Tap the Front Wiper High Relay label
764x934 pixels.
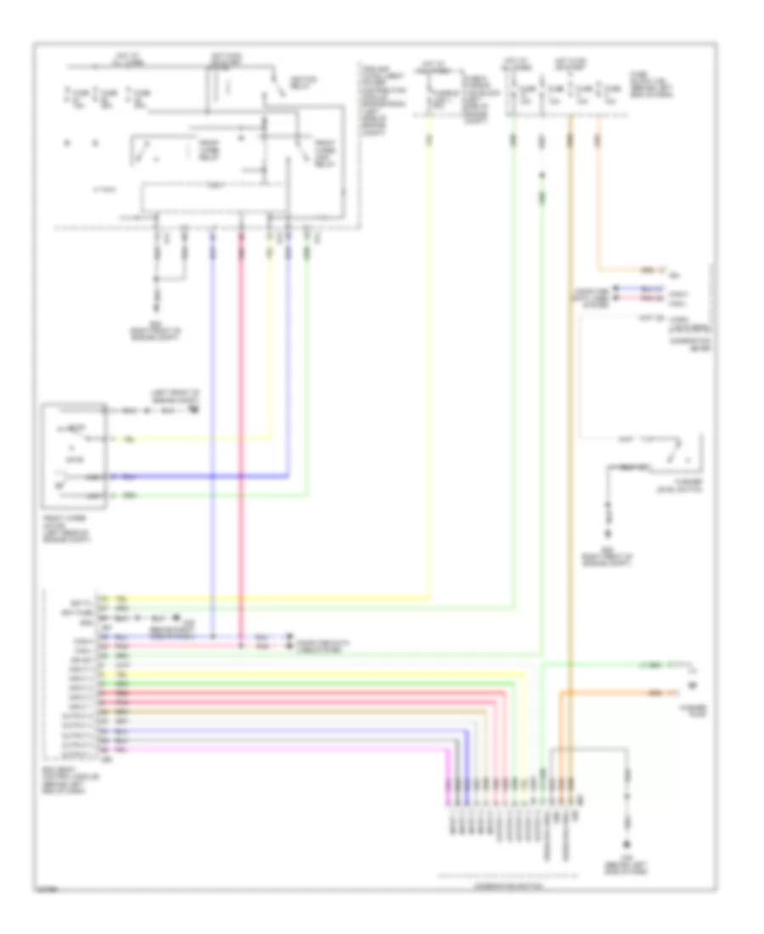(324, 152)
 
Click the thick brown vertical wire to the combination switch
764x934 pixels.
(570, 425)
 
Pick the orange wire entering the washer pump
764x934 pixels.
(611, 693)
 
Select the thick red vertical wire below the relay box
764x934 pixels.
(241, 425)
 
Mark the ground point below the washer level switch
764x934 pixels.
(608, 535)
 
